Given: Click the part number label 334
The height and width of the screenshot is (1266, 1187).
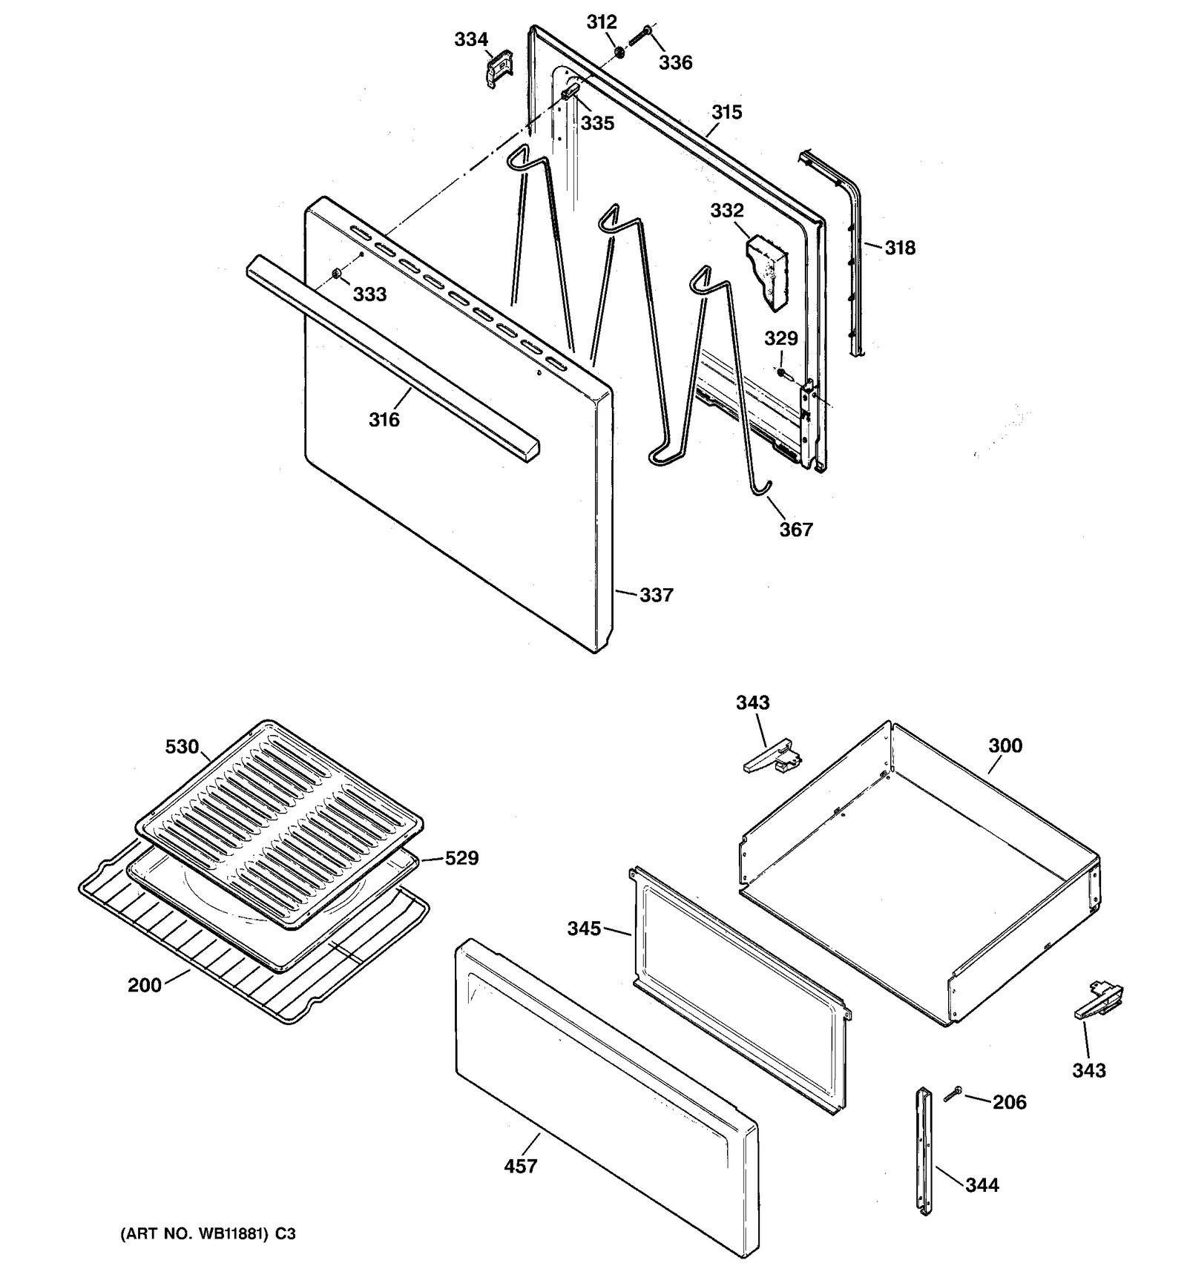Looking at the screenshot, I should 471,39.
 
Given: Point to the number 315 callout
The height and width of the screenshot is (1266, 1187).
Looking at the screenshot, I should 726,112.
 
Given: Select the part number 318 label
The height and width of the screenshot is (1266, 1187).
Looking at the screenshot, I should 899,248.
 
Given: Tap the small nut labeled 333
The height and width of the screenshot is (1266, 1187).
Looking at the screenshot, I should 338,274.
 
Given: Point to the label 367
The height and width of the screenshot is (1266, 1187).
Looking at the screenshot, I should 795,530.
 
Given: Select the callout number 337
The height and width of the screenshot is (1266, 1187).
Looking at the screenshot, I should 656,595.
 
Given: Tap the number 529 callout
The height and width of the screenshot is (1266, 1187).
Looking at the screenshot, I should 461,858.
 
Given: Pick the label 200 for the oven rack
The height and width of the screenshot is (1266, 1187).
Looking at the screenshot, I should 144,985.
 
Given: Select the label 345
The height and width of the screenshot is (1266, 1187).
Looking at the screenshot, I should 584,929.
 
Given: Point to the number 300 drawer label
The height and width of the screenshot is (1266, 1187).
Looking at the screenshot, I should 1004,745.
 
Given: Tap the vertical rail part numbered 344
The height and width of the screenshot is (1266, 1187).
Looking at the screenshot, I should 924,1150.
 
